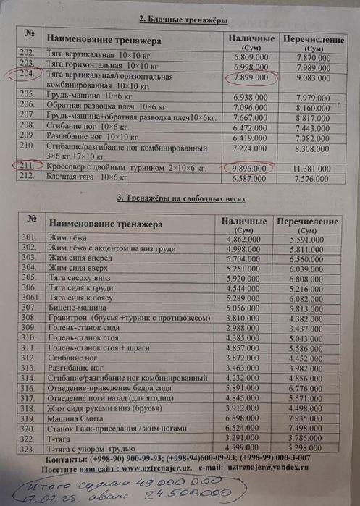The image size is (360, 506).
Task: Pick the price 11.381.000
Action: click(x=314, y=168)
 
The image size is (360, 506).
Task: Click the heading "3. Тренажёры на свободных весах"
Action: click(x=181, y=197)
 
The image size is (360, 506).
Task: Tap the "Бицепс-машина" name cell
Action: click(x=79, y=306)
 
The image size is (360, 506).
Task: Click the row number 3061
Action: click(x=30, y=296)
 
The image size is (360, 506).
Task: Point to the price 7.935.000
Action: click(x=311, y=418)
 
